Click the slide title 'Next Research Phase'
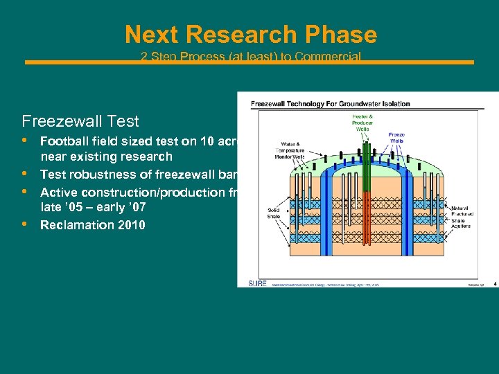(x=250, y=35)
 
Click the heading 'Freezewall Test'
(x=80, y=121)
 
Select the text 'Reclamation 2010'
(x=92, y=224)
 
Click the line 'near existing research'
(x=106, y=157)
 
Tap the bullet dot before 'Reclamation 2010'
(x=25, y=224)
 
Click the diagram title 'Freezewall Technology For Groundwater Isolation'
(x=330, y=104)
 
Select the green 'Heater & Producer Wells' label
(x=361, y=123)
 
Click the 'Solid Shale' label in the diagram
(x=274, y=213)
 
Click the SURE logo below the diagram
(x=257, y=283)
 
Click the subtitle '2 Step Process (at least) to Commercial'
(x=250, y=56)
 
